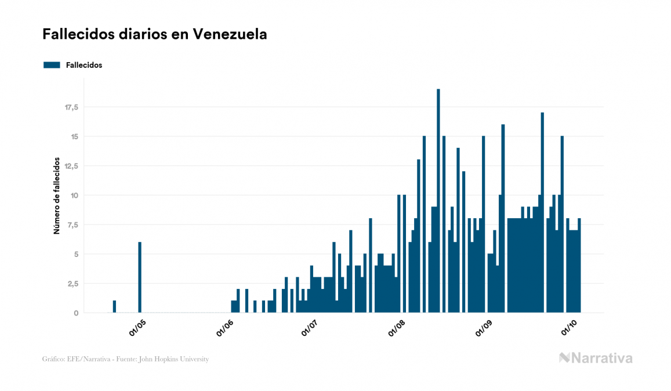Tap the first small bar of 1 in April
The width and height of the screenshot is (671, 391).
[114, 306]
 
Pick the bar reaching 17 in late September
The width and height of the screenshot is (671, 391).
[542, 212]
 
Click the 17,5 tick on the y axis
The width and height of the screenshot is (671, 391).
[71, 107]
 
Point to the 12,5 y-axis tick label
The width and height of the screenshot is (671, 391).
[71, 166]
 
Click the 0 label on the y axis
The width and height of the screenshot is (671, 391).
[76, 313]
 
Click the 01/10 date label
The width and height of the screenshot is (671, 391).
[570, 328]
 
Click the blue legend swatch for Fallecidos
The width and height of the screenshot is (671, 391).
[52, 65]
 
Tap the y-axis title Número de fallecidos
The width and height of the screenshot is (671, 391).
[57, 195]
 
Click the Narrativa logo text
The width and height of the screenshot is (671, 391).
[601, 358]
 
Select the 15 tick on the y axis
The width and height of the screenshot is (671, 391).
[74, 137]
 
